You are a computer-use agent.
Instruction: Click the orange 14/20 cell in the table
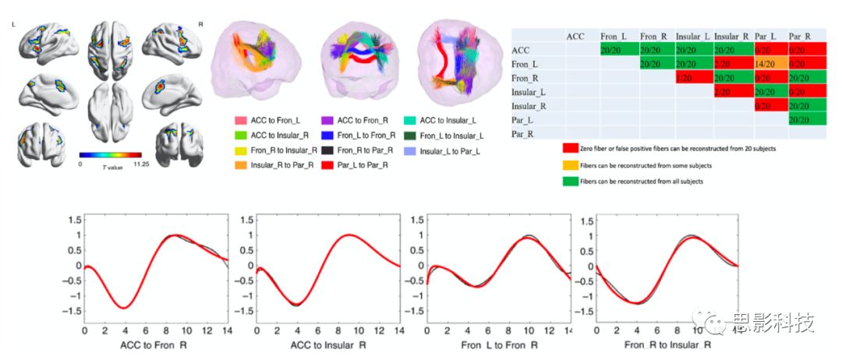[769, 64]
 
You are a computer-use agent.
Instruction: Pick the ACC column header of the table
[576, 36]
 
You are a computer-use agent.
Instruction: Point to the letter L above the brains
[14, 25]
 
